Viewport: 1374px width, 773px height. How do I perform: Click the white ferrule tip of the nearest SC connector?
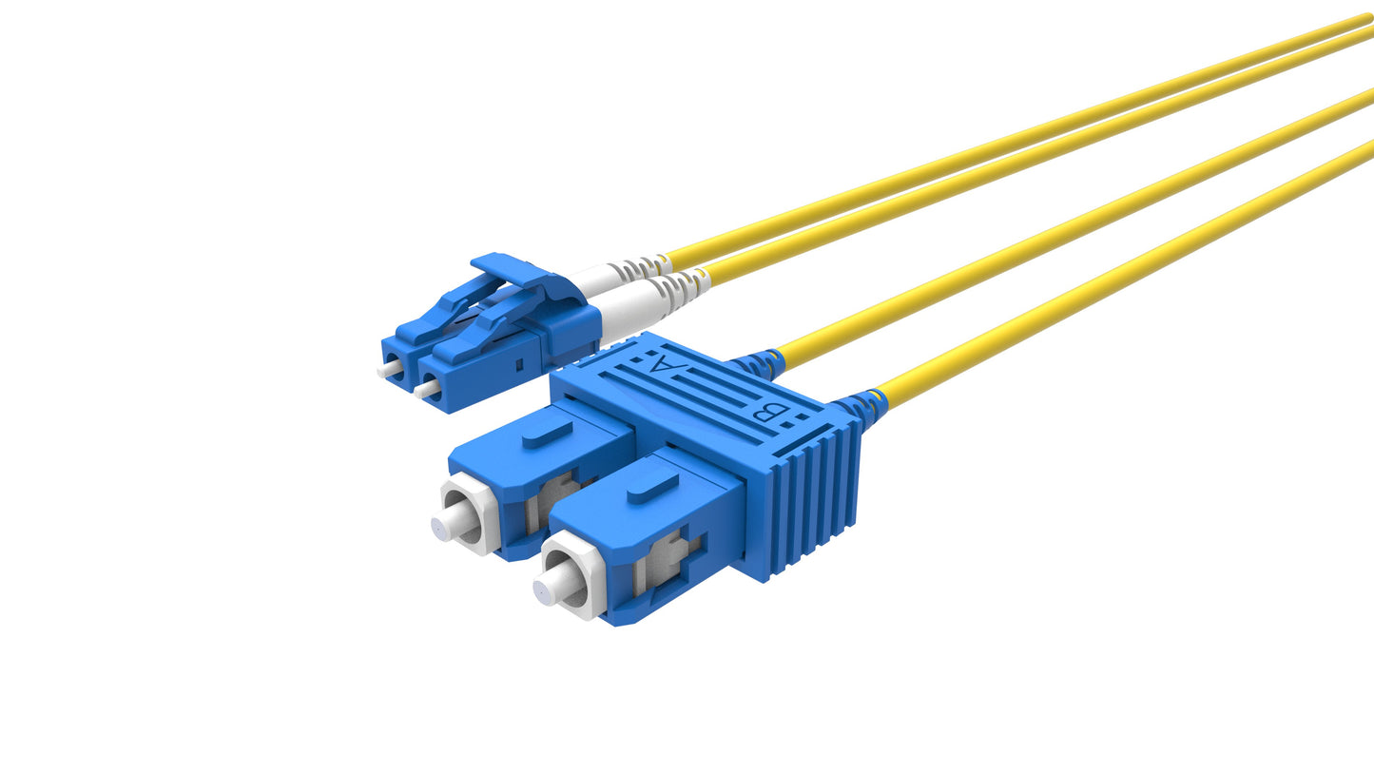547,589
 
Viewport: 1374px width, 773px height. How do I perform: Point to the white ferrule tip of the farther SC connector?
445,525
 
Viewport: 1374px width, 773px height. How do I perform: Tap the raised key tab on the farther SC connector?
547,432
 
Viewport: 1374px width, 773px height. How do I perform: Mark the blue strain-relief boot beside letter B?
861,406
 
